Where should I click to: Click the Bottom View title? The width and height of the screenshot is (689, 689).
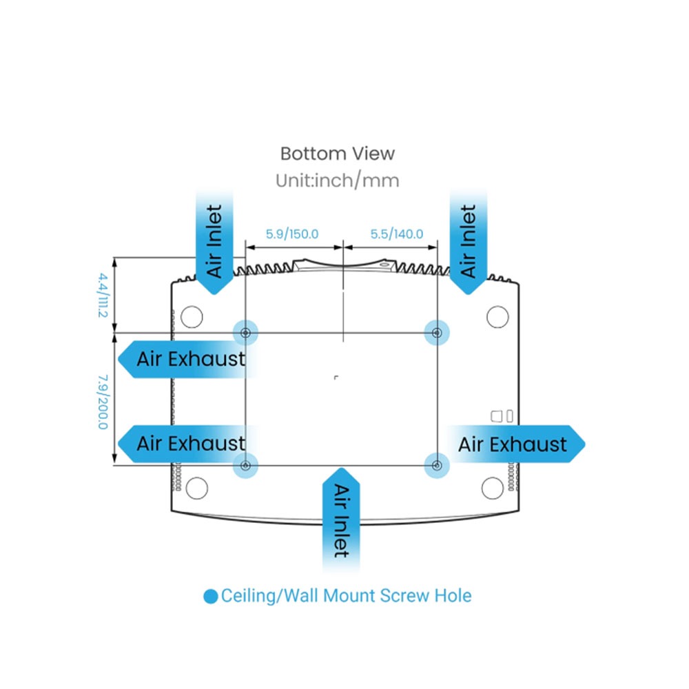(x=337, y=153)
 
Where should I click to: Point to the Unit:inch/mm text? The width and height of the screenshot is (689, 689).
(x=337, y=181)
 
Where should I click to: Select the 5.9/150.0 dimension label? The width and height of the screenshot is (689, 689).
(x=292, y=234)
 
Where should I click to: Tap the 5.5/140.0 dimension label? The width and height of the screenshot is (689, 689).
(x=396, y=234)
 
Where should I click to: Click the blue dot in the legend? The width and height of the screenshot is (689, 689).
(x=211, y=596)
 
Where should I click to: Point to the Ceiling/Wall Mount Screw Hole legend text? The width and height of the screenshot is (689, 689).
(x=346, y=595)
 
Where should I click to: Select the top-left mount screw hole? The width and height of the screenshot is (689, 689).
(x=245, y=333)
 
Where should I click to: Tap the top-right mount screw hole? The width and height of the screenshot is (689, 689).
(x=436, y=333)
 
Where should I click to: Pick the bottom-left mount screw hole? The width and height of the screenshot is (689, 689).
(x=245, y=466)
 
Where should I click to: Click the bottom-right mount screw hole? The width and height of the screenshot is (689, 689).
(x=436, y=466)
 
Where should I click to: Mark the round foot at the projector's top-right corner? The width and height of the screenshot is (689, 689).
(x=497, y=316)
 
